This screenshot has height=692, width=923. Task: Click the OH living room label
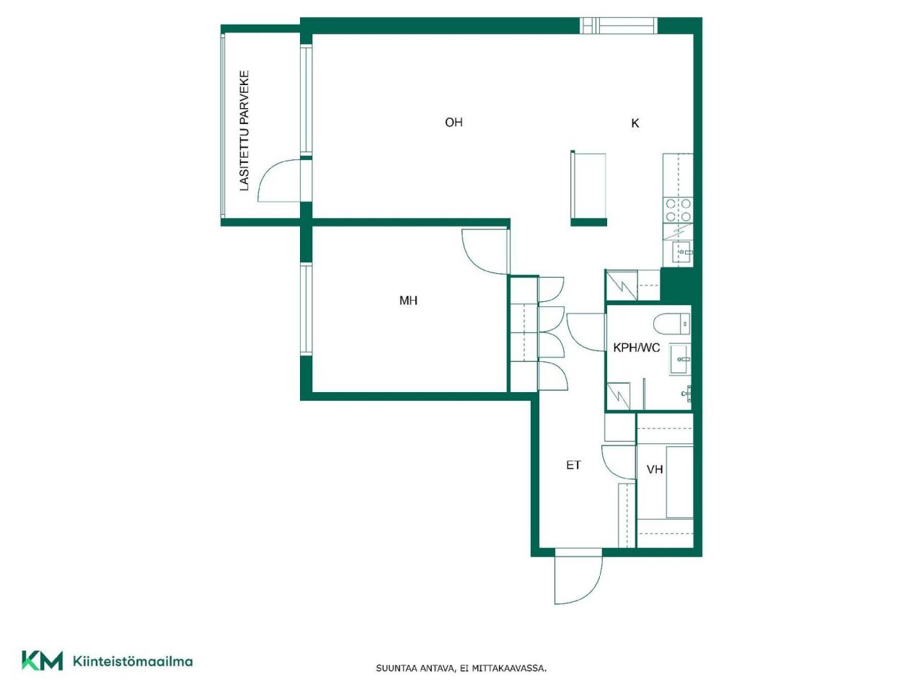[454, 123]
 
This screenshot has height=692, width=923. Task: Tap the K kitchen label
[635, 123]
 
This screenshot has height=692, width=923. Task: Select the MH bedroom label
[408, 301]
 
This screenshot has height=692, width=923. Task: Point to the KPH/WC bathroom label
[636, 347]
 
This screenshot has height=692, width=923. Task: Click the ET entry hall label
[573, 466]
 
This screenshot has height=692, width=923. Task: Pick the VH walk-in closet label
[655, 470]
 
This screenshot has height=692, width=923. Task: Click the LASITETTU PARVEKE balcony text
[244, 130]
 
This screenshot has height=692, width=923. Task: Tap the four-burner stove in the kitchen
[678, 210]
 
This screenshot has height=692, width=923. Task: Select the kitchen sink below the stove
[682, 252]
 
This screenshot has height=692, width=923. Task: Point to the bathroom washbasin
[680, 358]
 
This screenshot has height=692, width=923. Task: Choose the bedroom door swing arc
[484, 252]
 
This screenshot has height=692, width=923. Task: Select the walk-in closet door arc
[618, 461]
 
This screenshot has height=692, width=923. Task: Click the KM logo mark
[42, 660]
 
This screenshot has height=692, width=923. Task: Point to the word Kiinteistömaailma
[133, 661]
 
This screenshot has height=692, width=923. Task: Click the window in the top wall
[619, 26]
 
